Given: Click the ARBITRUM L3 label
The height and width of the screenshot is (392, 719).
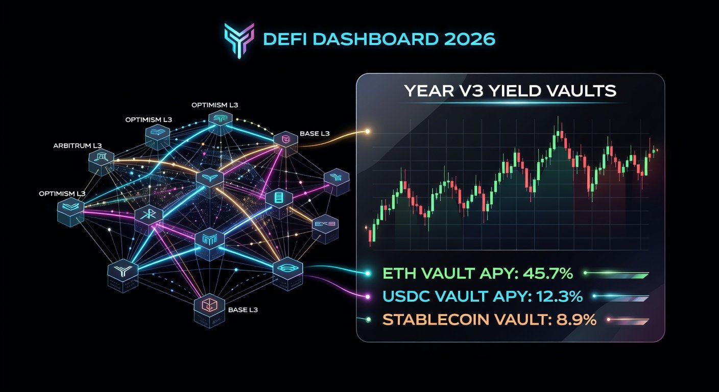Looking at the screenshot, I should point(78,146).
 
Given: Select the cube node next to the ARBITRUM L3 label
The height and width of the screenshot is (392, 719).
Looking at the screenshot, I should point(101,163).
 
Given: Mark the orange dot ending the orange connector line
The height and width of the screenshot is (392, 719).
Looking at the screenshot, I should point(367,132).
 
